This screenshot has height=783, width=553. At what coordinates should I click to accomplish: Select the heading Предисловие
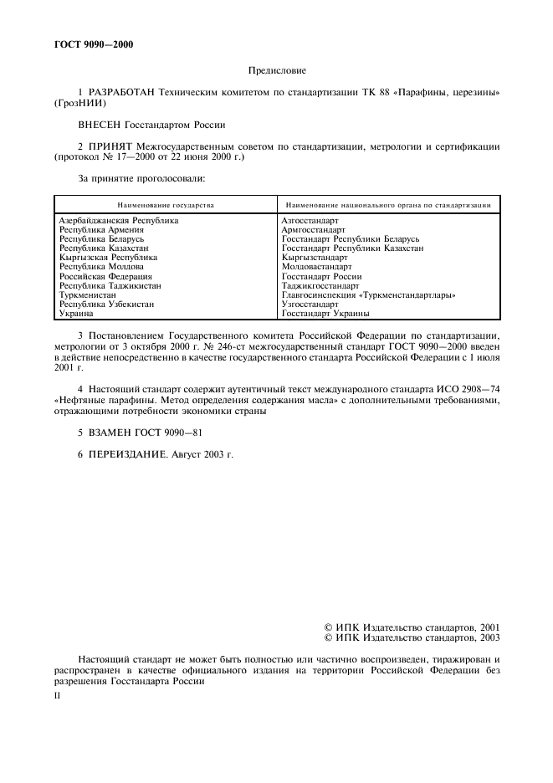(277, 71)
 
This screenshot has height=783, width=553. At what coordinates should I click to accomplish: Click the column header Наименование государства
(166, 204)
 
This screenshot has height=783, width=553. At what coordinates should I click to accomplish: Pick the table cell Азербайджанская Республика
(119, 221)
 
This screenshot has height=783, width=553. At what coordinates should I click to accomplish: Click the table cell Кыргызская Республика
(108, 258)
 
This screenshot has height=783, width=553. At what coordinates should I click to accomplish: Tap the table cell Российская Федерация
(105, 276)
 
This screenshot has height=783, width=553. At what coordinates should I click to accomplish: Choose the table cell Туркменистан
(88, 295)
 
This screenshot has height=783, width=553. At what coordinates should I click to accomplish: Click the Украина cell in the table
(76, 314)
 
